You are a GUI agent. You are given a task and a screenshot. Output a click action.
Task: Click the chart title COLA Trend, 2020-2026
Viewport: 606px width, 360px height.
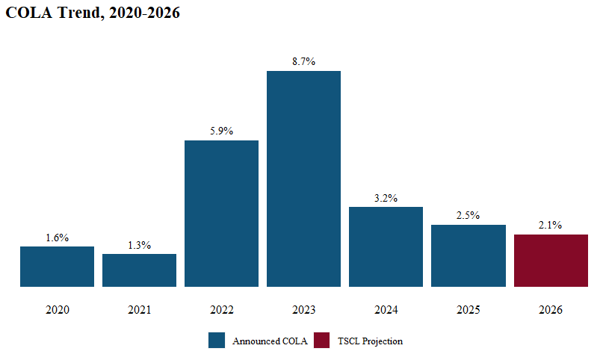[93, 13]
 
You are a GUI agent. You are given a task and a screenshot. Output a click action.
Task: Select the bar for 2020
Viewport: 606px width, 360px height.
[57, 267]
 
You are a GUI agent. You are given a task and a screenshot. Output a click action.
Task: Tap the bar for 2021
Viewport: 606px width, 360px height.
[139, 270]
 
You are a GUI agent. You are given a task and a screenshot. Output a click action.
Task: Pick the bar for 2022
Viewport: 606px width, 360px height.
[221, 214]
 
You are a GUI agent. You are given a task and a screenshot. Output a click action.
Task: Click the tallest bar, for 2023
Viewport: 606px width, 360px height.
[303, 179]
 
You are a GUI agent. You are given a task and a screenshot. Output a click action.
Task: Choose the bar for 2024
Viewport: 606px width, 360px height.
[386, 246]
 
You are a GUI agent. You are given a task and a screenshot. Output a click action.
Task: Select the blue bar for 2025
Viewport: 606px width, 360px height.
[468, 255]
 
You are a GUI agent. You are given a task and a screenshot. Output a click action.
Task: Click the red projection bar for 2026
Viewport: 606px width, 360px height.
[551, 261]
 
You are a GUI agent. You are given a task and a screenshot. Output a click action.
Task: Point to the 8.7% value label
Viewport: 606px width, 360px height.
[303, 62]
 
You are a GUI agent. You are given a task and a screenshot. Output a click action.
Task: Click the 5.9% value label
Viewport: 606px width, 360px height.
[221, 131]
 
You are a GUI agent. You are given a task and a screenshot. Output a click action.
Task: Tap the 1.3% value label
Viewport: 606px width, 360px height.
[139, 245]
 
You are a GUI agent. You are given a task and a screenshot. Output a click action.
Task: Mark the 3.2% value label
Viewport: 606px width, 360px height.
[386, 198]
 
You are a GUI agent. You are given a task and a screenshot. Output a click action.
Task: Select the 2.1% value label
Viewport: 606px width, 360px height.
[551, 225]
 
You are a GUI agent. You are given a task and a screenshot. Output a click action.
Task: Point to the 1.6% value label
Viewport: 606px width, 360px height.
[57, 238]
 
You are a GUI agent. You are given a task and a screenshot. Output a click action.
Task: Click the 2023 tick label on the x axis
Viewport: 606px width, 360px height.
[303, 309]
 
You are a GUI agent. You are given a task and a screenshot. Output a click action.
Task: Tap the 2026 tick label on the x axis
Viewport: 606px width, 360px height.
[551, 309]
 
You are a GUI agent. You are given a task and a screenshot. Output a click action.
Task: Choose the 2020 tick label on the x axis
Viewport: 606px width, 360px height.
[57, 309]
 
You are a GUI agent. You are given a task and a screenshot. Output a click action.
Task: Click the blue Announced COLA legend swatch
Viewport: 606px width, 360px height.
[217, 341]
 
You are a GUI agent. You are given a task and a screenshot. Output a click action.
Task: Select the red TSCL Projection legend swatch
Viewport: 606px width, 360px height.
[321, 341]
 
